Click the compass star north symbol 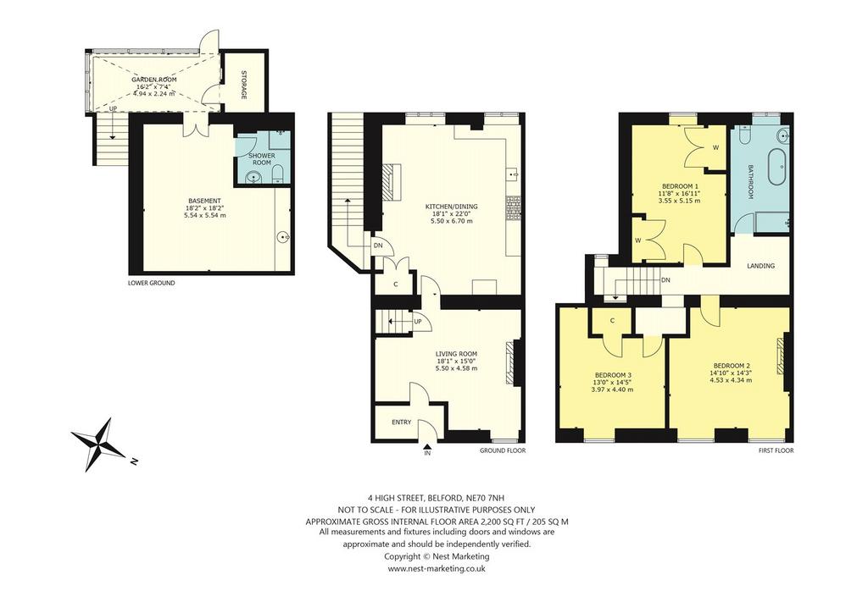click(100, 445)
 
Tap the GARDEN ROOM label click(154, 80)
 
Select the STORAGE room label click(243, 86)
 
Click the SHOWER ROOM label click(262, 159)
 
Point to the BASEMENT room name click(204, 201)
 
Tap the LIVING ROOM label click(456, 354)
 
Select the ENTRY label click(401, 422)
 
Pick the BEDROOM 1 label click(680, 186)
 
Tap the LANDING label click(760, 266)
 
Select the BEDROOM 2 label click(732, 366)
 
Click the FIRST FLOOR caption click(776, 450)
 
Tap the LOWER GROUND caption click(151, 283)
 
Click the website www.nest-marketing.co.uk click(437, 568)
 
